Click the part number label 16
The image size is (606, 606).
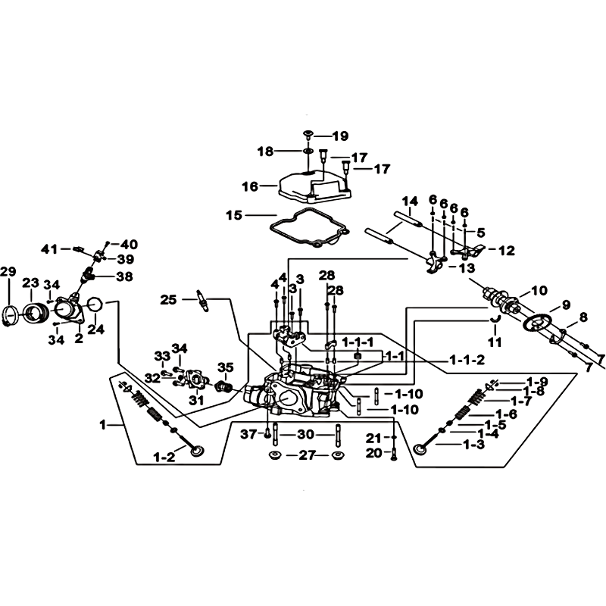coord(250,186)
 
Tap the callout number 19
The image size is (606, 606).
coord(340,136)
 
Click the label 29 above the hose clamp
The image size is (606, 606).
coord(8,272)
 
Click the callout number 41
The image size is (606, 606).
coord(49,249)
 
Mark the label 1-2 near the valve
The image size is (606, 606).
coord(164,458)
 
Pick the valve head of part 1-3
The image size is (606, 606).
coord(420,448)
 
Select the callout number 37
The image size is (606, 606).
coord(248,434)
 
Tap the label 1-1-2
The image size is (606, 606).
coord(467,361)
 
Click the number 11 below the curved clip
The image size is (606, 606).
coord(495,342)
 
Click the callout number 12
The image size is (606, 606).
coord(507,251)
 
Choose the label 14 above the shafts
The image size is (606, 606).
coord(410,201)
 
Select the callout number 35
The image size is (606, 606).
coord(225,367)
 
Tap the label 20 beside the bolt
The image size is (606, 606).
coord(373,452)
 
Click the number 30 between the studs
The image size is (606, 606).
coord(305,434)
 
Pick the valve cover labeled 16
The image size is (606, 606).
coord(314,186)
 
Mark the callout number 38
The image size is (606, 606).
coord(124,276)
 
